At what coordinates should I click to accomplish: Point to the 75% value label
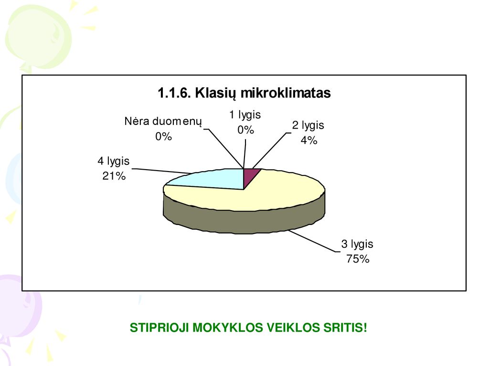pyautogui.click(x=358, y=259)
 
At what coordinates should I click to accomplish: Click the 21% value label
pyautogui.click(x=114, y=176)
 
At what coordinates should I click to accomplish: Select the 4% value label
pyautogui.click(x=309, y=141)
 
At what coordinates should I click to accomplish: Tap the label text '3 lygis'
pyautogui.click(x=357, y=244)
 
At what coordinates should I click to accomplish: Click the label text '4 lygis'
pyautogui.click(x=114, y=161)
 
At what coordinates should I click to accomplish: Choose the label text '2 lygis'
pyautogui.click(x=308, y=125)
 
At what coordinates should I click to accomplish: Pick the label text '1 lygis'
pyautogui.click(x=245, y=115)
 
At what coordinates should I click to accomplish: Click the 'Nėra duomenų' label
pyautogui.click(x=163, y=122)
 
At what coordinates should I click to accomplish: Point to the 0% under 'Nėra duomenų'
pyautogui.click(x=163, y=137)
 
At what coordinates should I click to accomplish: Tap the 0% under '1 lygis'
pyautogui.click(x=245, y=130)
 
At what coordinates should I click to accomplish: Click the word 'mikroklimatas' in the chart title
pyautogui.click(x=286, y=93)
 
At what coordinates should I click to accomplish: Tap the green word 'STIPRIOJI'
pyautogui.click(x=159, y=328)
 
